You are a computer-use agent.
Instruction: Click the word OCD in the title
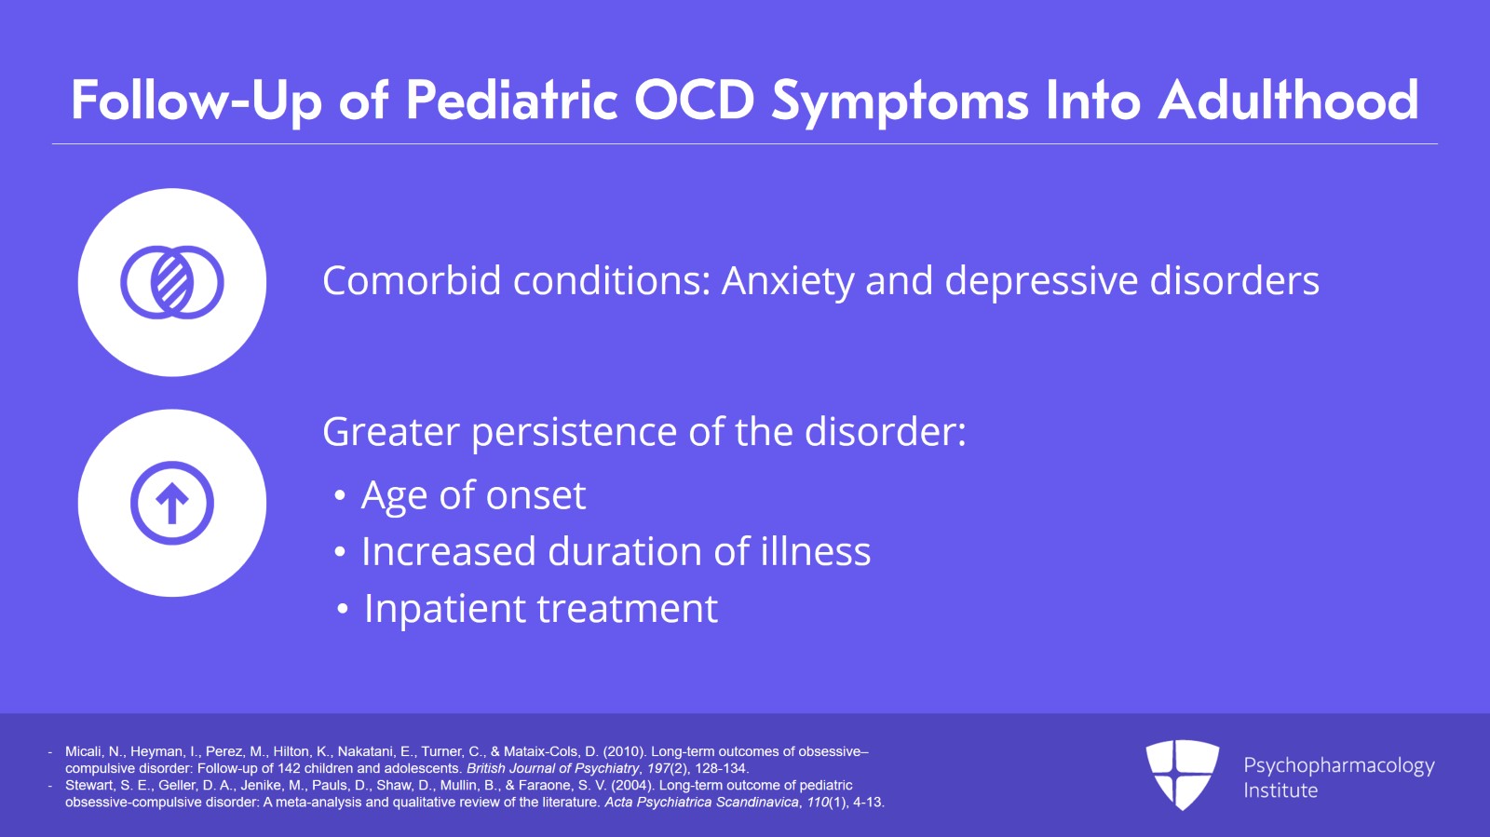coord(694,100)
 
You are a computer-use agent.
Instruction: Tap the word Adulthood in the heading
coord(1288,100)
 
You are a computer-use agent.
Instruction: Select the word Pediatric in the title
coord(512,100)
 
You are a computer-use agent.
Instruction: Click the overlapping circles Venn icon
coord(172,282)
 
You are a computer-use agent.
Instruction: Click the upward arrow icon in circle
coord(172,503)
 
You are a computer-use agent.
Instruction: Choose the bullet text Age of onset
coord(473,495)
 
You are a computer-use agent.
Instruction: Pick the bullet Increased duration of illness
coord(616,551)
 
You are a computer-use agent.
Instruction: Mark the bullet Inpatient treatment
coord(540,609)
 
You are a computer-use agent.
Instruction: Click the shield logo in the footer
coord(1182,774)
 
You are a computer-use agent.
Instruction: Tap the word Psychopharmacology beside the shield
coord(1338,765)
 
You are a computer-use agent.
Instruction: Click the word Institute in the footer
coord(1280,790)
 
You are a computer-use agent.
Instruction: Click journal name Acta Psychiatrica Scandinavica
coord(701,802)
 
